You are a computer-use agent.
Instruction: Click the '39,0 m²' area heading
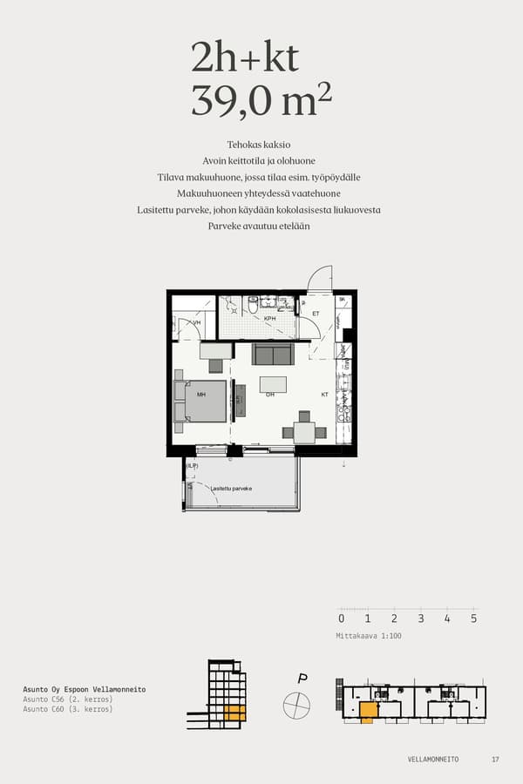click(x=261, y=101)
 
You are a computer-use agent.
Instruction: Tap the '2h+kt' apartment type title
click(x=245, y=57)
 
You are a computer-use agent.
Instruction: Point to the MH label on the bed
click(x=201, y=395)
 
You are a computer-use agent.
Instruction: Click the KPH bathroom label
click(x=270, y=319)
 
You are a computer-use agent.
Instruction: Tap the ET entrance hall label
click(x=316, y=314)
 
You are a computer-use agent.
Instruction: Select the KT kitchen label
click(x=324, y=395)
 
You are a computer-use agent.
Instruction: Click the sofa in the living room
click(x=273, y=354)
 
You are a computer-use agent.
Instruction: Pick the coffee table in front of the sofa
click(x=274, y=384)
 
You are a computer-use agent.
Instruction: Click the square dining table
click(x=304, y=432)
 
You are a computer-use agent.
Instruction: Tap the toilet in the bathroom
click(x=253, y=306)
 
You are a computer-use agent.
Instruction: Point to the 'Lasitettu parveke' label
click(x=231, y=489)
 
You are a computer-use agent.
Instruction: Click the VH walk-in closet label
click(x=196, y=323)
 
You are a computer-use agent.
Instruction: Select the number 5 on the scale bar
click(x=473, y=619)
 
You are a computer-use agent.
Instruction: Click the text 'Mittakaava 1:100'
click(x=369, y=636)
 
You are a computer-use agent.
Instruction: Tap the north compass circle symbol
click(x=296, y=703)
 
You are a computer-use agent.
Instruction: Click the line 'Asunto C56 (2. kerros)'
click(x=68, y=700)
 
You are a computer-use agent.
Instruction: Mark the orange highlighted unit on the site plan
click(x=369, y=711)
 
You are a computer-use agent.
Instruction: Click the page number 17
click(x=495, y=760)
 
